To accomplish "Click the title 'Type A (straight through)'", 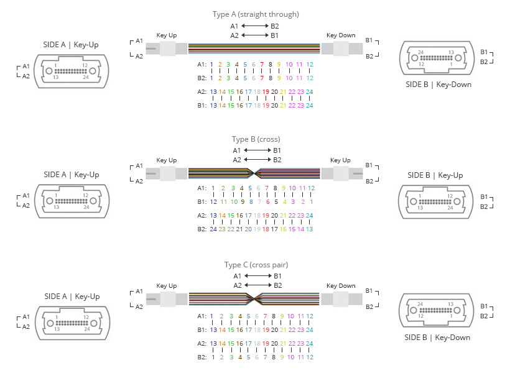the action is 256,14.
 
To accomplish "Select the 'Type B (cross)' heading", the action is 256,139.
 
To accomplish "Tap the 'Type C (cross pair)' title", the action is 256,265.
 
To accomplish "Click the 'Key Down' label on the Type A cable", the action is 341,35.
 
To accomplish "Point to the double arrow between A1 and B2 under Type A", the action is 255,25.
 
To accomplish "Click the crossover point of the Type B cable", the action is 254,173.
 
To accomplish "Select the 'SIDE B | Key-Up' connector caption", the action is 435,175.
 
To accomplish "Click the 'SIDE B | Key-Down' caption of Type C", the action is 437,338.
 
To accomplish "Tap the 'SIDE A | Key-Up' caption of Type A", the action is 70,45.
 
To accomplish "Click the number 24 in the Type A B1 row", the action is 309,105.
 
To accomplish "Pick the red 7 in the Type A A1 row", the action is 262,65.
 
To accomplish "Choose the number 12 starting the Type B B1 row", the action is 213,201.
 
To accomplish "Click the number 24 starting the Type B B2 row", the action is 213,229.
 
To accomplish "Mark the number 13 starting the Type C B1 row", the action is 213,329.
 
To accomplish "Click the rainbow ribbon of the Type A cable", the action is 254,48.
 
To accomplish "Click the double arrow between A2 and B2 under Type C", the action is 258,285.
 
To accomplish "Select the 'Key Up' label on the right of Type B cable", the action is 340,160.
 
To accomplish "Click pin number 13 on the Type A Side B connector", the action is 451,52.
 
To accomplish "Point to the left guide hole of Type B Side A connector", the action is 49,201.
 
